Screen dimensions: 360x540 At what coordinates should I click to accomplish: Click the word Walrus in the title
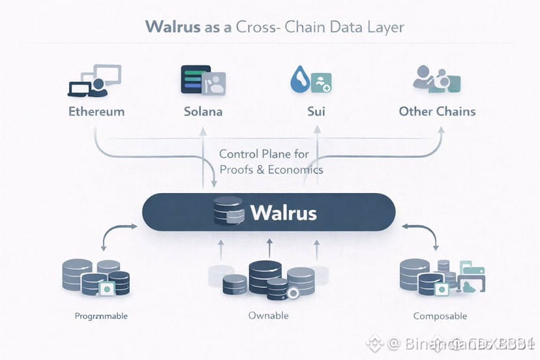click(x=171, y=27)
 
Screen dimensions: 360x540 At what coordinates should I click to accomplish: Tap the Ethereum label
click(x=97, y=111)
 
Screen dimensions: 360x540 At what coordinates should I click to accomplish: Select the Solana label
click(x=203, y=111)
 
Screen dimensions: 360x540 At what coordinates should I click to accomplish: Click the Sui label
click(x=316, y=111)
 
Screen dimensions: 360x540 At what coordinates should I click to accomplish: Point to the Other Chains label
click(x=437, y=111)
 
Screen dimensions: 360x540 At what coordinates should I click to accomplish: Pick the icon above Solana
click(x=203, y=80)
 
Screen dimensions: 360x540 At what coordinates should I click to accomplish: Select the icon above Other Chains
click(x=437, y=80)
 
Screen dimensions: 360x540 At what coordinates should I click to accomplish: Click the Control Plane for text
click(x=264, y=155)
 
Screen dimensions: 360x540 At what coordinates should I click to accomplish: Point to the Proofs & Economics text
click(x=271, y=170)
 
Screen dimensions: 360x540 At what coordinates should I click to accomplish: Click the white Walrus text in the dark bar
click(x=283, y=213)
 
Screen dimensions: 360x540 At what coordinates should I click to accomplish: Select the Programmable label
click(x=101, y=316)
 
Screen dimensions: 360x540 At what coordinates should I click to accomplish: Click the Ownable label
click(x=268, y=316)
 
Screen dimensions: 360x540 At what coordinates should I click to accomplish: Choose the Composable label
click(x=440, y=316)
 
